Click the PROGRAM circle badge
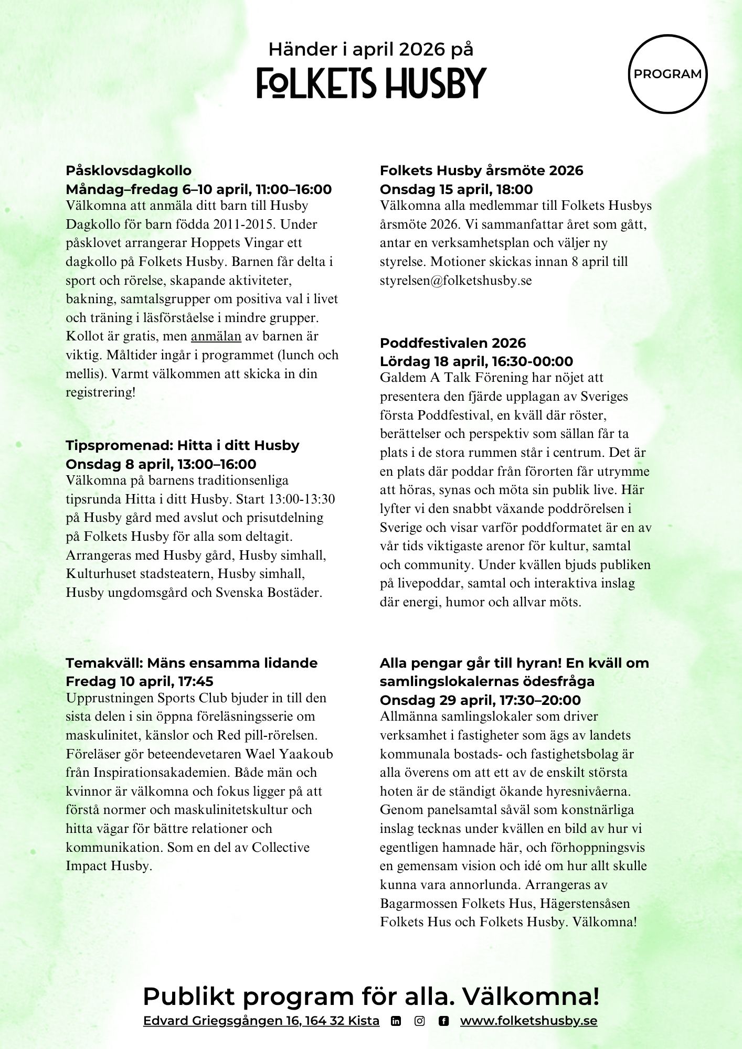tap(667, 74)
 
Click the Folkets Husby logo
tap(371, 83)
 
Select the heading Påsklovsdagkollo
tap(129, 170)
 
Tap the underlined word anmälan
tap(216, 336)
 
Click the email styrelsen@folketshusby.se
tap(455, 281)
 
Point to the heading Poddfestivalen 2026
tap(452, 343)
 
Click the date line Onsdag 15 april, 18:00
tap(456, 189)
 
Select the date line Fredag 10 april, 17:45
tap(139, 681)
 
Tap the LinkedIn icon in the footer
tap(396, 1021)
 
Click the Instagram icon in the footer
tap(420, 1021)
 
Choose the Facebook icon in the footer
tap(443, 1021)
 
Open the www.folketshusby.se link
tap(528, 1021)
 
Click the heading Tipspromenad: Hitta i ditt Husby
tap(182, 445)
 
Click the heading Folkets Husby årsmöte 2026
tap(481, 170)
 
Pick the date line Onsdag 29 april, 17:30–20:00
tap(480, 700)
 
